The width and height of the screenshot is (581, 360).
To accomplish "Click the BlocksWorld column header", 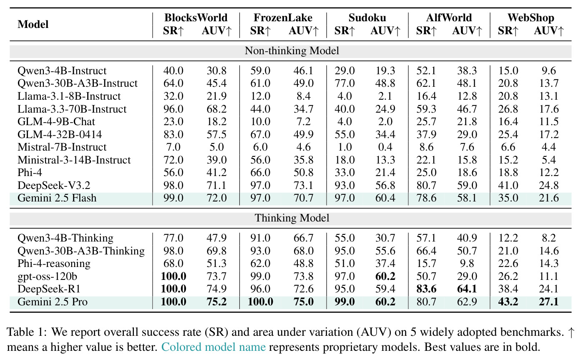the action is [x=196, y=18].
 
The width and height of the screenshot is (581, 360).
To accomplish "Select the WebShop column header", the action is [x=531, y=18].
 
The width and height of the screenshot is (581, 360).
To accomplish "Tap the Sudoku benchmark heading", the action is [x=367, y=18].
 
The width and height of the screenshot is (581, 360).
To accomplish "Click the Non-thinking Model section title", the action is [x=292, y=50].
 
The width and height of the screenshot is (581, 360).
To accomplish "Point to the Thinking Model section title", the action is [x=292, y=218].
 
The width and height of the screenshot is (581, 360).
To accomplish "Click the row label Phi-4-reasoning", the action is [x=54, y=264].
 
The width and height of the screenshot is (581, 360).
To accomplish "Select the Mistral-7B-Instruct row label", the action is [x=62, y=147].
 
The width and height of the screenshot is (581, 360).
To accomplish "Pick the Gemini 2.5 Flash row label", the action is [x=57, y=198].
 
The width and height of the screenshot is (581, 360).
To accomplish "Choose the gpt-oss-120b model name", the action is [x=47, y=277].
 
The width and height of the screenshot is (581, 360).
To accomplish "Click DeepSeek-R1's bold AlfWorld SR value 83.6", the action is [x=426, y=289].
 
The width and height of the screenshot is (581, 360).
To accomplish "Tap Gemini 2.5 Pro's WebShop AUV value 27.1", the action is [x=548, y=302].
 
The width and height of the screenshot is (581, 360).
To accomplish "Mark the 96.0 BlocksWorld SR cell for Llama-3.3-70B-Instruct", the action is [x=173, y=109].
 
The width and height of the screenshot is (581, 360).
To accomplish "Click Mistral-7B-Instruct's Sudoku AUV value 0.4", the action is [x=385, y=147].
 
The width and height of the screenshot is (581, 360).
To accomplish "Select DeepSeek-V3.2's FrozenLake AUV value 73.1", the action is [x=304, y=185].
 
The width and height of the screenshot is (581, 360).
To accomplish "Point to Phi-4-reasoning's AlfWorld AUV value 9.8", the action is [x=467, y=264].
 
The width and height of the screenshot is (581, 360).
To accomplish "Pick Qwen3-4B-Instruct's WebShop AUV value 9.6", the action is [x=548, y=70].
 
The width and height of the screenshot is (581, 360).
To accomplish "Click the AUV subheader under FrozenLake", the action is [x=304, y=31].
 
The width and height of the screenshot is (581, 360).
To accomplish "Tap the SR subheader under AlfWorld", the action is [x=426, y=31].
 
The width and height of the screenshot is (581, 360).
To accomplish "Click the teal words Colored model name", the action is [x=214, y=347].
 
